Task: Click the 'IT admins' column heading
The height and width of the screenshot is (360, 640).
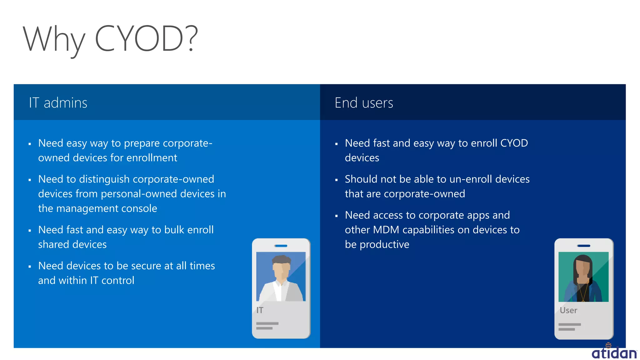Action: (58, 103)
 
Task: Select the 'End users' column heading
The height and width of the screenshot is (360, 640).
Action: (364, 103)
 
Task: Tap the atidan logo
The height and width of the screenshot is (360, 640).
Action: (614, 352)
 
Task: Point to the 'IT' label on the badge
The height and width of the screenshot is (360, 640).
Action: (260, 310)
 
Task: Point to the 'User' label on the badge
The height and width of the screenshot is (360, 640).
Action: (568, 310)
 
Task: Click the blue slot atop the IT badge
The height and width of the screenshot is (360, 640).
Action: (281, 246)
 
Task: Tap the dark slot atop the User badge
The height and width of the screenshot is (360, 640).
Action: (584, 246)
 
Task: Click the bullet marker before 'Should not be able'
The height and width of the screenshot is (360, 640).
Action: (337, 180)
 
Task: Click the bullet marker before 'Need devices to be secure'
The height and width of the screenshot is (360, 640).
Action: (30, 267)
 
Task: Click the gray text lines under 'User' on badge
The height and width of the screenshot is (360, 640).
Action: (569, 327)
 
